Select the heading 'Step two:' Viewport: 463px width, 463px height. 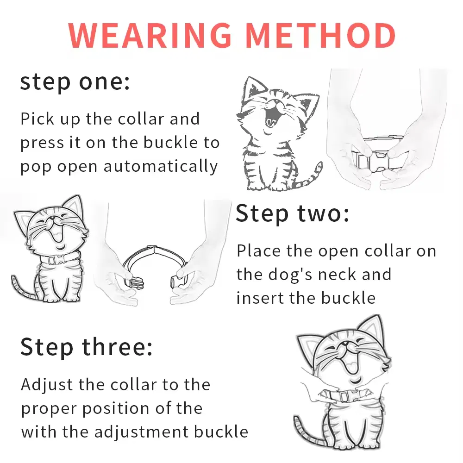pos(293,214)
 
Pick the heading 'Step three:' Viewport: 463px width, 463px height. pos(86,347)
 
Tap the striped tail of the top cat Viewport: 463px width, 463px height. pos(309,178)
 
